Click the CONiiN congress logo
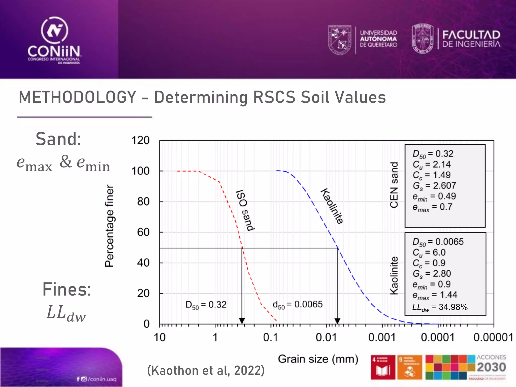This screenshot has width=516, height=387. [x=54, y=40]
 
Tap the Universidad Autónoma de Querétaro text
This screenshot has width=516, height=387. [x=378, y=39]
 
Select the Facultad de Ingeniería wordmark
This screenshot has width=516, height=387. [x=471, y=39]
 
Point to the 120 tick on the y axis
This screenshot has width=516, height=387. [x=140, y=140]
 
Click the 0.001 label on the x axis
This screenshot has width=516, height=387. [x=382, y=337]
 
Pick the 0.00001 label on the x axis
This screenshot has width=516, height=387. [x=493, y=337]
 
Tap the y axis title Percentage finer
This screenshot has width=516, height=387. [x=110, y=226]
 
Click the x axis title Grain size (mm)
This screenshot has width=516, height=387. [x=318, y=359]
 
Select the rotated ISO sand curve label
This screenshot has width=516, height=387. [x=245, y=210]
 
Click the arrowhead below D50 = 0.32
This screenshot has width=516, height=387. [x=242, y=320]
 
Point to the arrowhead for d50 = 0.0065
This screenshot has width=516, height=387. [x=337, y=320]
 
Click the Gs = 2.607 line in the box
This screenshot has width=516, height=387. [x=434, y=186]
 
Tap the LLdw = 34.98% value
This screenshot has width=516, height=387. [x=440, y=307]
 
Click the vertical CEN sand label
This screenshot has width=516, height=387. [x=394, y=185]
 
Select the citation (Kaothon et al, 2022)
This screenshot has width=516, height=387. [x=206, y=370]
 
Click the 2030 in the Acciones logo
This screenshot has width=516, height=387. [x=491, y=367]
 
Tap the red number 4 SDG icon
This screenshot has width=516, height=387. [x=383, y=367]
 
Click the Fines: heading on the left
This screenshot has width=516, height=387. [x=67, y=289]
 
